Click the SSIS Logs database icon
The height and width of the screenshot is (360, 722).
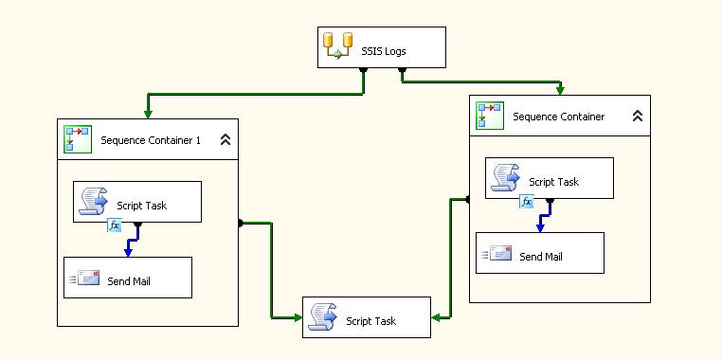tap(339, 46)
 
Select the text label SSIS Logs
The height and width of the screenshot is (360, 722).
tap(384, 51)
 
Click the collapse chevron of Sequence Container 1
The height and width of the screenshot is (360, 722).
tap(226, 140)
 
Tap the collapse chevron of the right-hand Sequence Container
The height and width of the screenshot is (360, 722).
tap(638, 117)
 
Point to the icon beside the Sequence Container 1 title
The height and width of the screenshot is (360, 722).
tap(76, 139)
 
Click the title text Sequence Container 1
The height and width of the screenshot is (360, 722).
tap(151, 141)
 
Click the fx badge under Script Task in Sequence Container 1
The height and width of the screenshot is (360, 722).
tap(114, 225)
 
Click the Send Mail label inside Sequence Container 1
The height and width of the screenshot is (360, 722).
tap(128, 280)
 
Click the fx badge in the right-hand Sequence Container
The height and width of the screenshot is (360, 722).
tap(526, 202)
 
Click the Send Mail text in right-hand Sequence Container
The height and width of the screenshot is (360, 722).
tap(540, 256)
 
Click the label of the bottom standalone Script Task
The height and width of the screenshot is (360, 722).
tap(371, 321)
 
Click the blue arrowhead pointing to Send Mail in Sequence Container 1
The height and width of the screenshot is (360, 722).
tap(128, 252)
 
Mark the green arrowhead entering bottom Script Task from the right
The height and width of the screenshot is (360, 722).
tap(437, 317)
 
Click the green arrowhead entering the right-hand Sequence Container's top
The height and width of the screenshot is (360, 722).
tap(561, 90)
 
